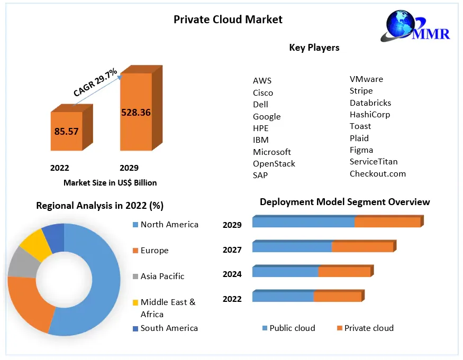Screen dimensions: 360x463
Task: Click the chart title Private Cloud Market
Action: point(228,20)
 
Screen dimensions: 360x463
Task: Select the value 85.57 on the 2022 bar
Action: point(66,131)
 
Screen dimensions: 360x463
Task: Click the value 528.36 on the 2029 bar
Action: point(136,112)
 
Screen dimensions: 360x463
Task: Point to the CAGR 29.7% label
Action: point(95,82)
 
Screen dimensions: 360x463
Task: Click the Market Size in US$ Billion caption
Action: point(110,183)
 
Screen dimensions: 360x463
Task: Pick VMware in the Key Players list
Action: point(366,79)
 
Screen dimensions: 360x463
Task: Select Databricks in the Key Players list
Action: point(370,103)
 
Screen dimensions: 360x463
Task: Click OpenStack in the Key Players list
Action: point(274,164)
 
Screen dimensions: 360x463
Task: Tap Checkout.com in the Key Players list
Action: point(378,173)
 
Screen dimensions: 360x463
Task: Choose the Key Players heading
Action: point(314,48)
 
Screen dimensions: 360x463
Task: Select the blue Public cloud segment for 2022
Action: point(283,297)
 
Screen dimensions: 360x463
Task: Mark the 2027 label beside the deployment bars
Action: point(232,250)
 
